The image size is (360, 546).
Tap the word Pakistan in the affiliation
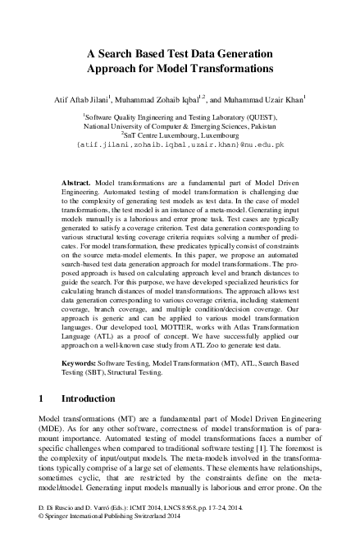tap(260, 127)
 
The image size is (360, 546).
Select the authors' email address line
tap(180, 145)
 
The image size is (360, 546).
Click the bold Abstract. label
tap(77, 178)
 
